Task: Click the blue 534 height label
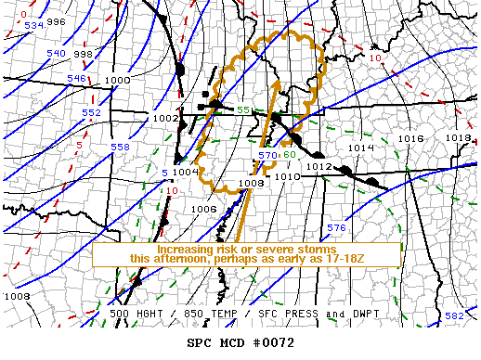tap(34, 25)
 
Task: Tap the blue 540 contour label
tap(56, 54)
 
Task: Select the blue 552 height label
tap(91, 112)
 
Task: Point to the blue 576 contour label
tap(336, 228)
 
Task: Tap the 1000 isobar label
tap(117, 81)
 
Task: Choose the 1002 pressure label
tap(164, 118)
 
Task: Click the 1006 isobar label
tap(203, 209)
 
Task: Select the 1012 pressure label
tap(319, 167)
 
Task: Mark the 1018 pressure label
tap(458, 137)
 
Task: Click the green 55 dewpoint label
tap(242, 111)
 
